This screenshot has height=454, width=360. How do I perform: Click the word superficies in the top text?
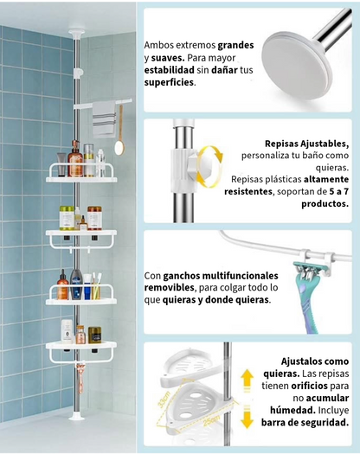tap(169, 84)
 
